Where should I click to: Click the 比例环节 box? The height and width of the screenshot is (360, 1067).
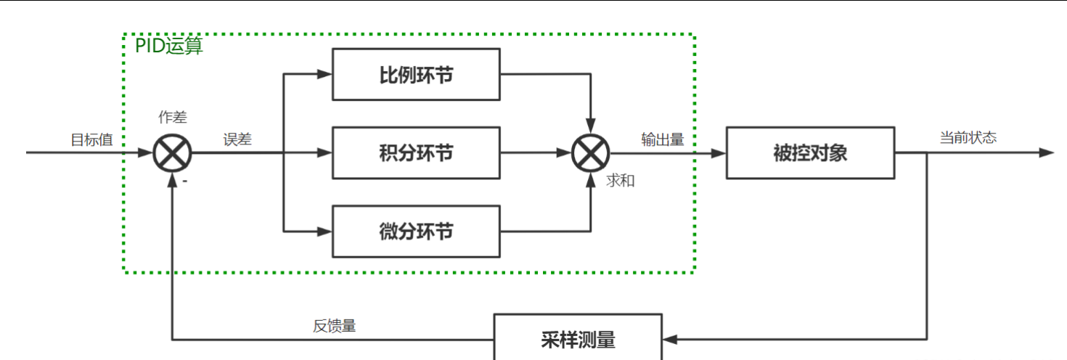pyautogui.click(x=416, y=74)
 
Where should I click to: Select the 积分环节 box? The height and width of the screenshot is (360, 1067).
pyautogui.click(x=416, y=153)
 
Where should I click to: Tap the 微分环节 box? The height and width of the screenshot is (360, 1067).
pyautogui.click(x=416, y=232)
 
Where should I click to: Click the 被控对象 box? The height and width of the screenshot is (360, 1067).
pyautogui.click(x=811, y=153)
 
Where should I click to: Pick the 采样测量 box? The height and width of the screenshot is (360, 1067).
pyautogui.click(x=578, y=339)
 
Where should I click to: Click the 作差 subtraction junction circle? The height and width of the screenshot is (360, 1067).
pyautogui.click(x=173, y=154)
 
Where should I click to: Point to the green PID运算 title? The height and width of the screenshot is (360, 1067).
pyautogui.click(x=169, y=46)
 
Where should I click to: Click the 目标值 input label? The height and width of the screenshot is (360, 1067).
pyautogui.click(x=91, y=139)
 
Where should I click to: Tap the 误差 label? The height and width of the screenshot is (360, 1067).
pyautogui.click(x=237, y=139)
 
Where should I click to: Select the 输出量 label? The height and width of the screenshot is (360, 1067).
pyautogui.click(x=663, y=139)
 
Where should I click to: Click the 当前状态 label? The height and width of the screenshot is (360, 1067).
pyautogui.click(x=968, y=138)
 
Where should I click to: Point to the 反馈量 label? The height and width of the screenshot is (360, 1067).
pyautogui.click(x=335, y=326)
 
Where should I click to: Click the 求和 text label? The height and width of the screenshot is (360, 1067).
pyautogui.click(x=621, y=181)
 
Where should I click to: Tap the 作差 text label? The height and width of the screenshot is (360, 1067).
pyautogui.click(x=173, y=118)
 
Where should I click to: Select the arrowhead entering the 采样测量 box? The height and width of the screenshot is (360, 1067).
pyautogui.click(x=670, y=339)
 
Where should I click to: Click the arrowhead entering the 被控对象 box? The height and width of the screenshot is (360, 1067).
pyautogui.click(x=719, y=153)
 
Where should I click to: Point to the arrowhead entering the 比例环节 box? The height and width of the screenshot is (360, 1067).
pyautogui.click(x=325, y=73)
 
